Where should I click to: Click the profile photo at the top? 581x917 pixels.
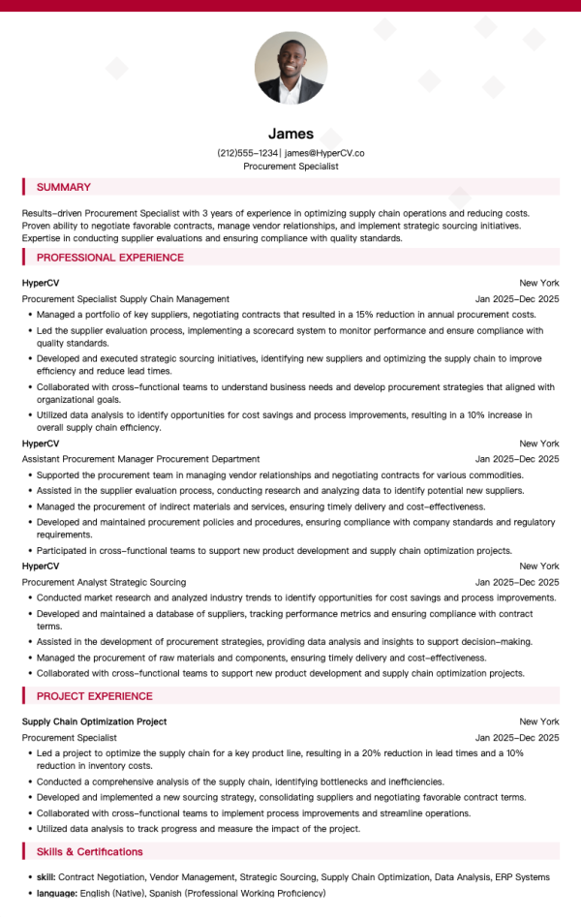coord(290,68)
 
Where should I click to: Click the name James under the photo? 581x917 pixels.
coord(290,134)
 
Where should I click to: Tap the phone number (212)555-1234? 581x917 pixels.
coord(248,153)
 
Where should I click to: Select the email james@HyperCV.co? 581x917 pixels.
coord(324,153)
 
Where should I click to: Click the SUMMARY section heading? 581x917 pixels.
coord(63,187)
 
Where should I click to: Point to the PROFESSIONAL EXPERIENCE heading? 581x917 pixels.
coord(109,258)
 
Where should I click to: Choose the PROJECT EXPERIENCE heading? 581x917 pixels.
coord(94,696)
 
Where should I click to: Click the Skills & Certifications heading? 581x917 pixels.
coord(89,851)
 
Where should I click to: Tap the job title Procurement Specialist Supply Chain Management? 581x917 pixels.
coord(126,299)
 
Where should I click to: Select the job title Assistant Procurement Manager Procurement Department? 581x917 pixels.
coord(140,459)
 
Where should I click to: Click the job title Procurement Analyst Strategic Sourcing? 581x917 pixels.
coord(104,582)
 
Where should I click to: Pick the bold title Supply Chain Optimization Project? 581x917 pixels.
coord(94,721)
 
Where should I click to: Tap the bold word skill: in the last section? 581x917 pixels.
coord(46,877)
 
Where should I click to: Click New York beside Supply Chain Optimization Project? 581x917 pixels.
coord(538,721)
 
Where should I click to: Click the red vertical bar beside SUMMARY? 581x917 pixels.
coord(23,187)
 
